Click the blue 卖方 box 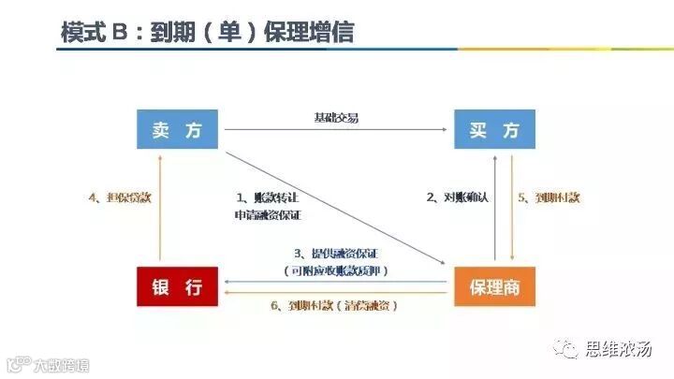pos(177,129)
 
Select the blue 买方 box pos(495,129)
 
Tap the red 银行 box pos(177,286)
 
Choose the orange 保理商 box pos(495,286)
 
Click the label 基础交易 pos(336,118)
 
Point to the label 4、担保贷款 pos(119,197)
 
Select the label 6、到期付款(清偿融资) pos(335,306)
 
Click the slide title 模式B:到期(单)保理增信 pos(207,30)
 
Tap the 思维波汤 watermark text pos(618,349)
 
